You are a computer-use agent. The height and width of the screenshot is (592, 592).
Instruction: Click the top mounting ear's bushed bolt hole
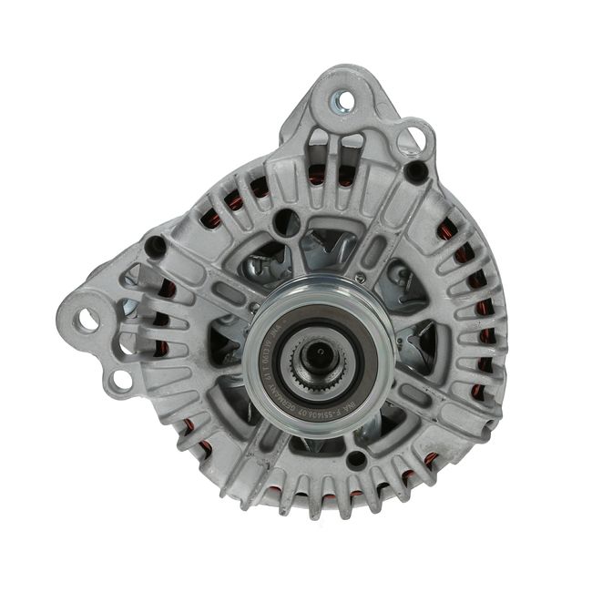point(343,102)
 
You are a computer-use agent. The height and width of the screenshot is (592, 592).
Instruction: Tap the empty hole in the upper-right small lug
point(414,138)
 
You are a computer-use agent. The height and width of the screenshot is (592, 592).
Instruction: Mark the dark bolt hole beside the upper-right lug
point(416,169)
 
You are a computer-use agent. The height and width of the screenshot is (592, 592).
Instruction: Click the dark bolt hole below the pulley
point(358,459)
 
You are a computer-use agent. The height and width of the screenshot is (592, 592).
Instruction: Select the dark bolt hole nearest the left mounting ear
point(155,245)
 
